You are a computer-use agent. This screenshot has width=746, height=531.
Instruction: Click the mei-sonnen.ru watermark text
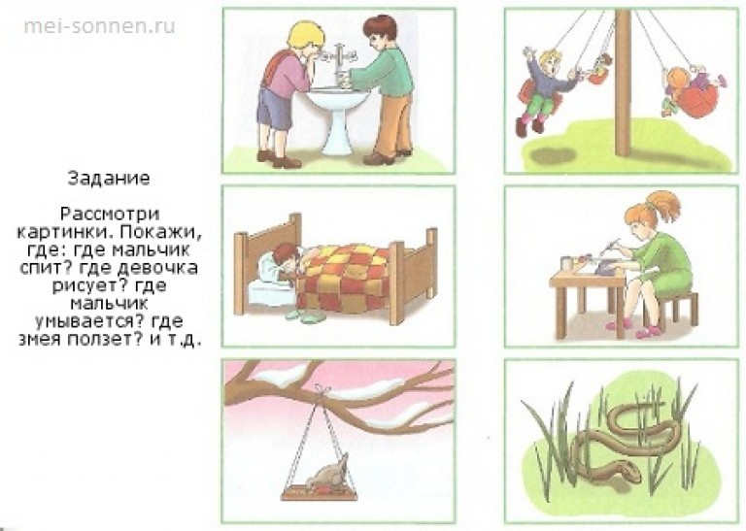coord(99,25)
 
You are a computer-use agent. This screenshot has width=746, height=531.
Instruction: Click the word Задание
coord(109,179)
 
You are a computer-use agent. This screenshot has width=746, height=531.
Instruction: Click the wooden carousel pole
coord(623,82)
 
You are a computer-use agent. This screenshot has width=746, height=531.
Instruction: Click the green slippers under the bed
coord(303,315)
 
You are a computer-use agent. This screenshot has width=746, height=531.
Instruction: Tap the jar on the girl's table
coord(565,263)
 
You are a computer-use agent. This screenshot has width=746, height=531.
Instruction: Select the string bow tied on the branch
coord(323,390)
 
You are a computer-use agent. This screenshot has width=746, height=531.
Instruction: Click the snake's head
coord(627,472)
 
